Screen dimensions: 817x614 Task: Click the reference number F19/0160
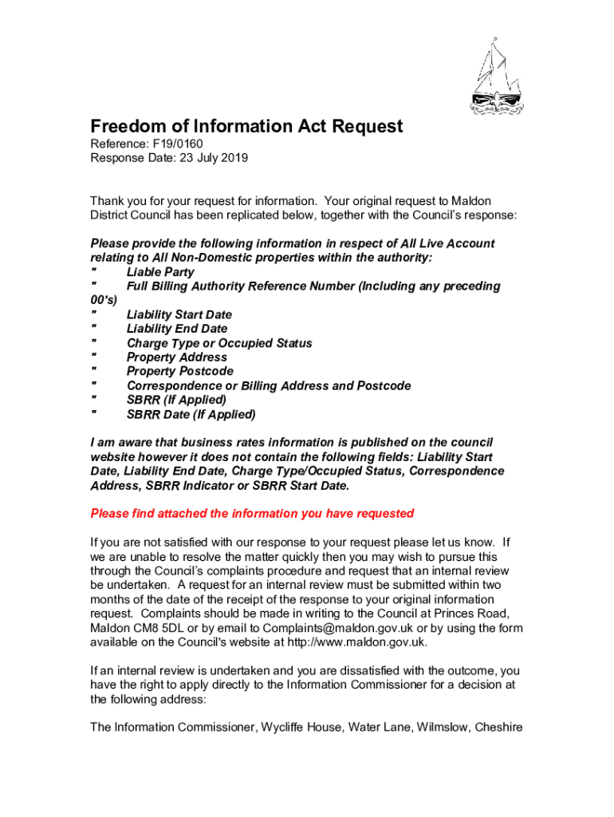173,144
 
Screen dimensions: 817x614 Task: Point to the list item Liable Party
159,272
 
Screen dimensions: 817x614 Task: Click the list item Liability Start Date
179,315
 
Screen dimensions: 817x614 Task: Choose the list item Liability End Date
176,329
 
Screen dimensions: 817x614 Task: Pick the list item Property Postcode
179,371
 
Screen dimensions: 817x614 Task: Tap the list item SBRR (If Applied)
176,400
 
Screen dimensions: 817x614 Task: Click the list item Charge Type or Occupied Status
219,343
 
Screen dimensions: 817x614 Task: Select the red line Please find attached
252,513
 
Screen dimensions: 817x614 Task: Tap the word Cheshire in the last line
497,727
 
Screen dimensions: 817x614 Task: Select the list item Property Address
176,357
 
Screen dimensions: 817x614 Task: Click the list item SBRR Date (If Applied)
191,414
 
